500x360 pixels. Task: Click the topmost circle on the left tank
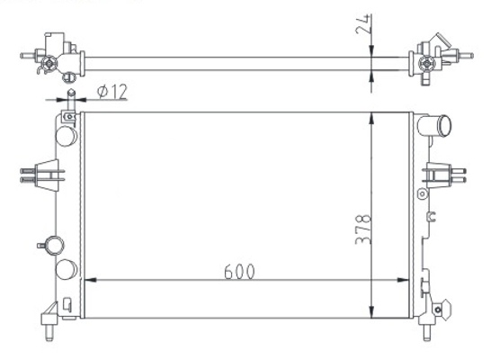pos(67,135)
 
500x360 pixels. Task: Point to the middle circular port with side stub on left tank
pos(54,244)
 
